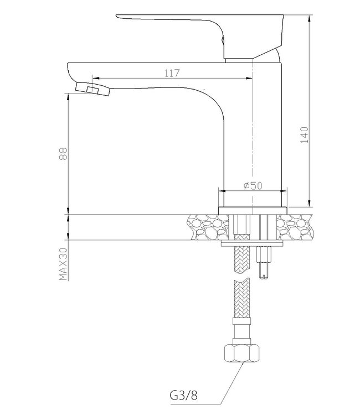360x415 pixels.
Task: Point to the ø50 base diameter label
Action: [x=253, y=186]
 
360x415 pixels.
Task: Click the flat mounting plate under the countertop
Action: [x=253, y=243]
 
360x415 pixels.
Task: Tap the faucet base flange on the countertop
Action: [x=253, y=210]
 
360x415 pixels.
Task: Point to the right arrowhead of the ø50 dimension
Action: [x=285, y=192]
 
